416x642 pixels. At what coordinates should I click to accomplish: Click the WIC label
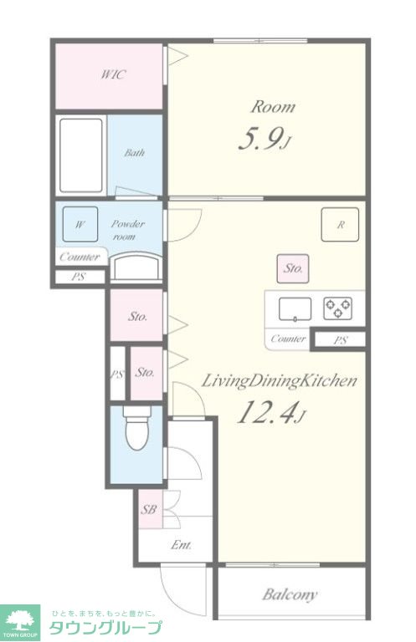tap(113, 74)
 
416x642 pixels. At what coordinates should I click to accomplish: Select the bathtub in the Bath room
tap(80, 155)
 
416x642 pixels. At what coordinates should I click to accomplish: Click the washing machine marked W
tap(80, 224)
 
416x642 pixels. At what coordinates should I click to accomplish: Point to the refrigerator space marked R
tap(340, 224)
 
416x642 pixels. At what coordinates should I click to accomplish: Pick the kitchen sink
tap(295, 309)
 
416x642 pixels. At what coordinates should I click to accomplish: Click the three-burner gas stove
tap(337, 308)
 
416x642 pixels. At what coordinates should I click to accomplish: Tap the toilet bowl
tap(137, 430)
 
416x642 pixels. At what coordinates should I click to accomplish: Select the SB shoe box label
tap(149, 509)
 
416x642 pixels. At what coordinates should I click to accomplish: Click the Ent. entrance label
tap(181, 545)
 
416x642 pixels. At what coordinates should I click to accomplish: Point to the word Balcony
tap(290, 594)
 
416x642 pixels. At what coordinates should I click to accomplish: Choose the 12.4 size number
tap(271, 412)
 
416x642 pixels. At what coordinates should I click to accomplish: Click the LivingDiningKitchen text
tap(279, 381)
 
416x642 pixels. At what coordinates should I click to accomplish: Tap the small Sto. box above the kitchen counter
tap(293, 268)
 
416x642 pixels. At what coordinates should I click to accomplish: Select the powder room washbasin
tap(136, 267)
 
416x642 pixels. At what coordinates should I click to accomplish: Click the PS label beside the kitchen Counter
tap(341, 340)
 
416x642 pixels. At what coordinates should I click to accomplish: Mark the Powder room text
tap(128, 230)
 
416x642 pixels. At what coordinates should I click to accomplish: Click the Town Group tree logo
tap(20, 621)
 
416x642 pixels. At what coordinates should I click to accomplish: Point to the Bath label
tap(135, 153)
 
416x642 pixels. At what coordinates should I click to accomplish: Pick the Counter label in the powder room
tap(80, 257)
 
